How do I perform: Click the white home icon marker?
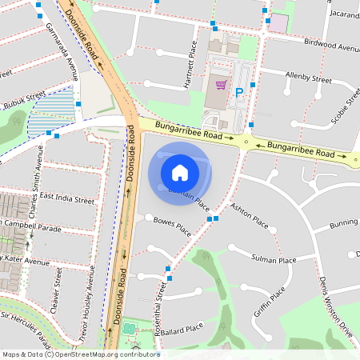tap(180, 172)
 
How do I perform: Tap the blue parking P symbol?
tap(238, 93)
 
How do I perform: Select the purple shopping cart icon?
tap(221, 84)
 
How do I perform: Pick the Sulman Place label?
tap(274, 259)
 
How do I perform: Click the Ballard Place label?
tap(182, 328)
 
